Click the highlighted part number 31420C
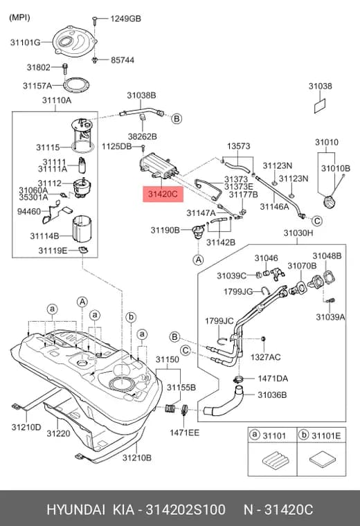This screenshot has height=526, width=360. [163, 194]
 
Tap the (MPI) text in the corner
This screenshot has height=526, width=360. [19, 17]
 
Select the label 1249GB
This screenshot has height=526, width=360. [125, 19]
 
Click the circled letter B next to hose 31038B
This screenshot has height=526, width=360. [177, 118]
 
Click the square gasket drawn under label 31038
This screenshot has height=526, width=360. [320, 106]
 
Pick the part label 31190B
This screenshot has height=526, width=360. [165, 230]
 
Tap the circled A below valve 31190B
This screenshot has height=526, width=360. [199, 260]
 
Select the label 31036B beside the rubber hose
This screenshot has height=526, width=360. [272, 394]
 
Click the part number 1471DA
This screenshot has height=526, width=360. [273, 379]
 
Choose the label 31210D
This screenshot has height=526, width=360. [26, 427]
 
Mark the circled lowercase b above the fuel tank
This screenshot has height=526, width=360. [131, 317]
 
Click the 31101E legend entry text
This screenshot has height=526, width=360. [326, 435]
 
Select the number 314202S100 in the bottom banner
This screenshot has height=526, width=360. [186, 509]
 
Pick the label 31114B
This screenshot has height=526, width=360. [44, 236]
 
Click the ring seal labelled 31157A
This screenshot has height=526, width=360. [77, 86]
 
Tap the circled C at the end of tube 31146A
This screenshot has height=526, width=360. [316, 221]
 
